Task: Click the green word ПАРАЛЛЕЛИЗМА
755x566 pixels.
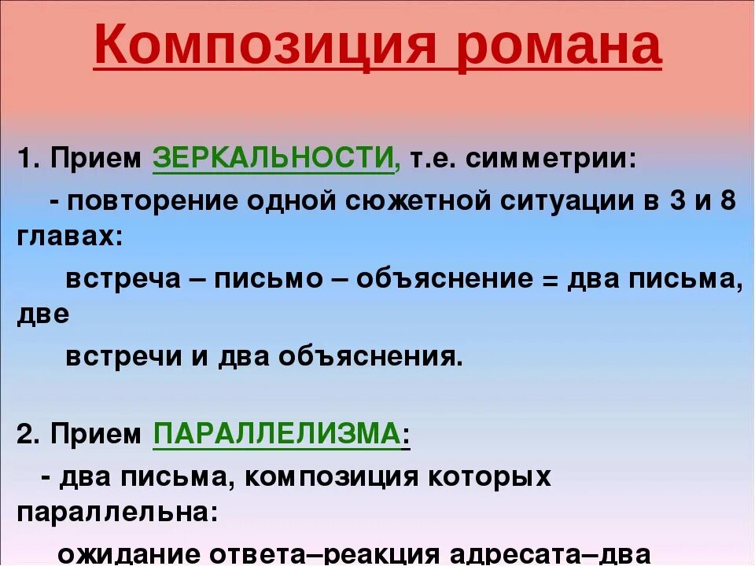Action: click(276, 434)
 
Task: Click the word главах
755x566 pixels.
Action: click(68, 237)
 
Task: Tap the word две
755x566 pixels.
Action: click(42, 314)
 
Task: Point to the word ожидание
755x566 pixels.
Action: click(127, 553)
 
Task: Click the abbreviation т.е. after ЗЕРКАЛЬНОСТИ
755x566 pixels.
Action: click(431, 160)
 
